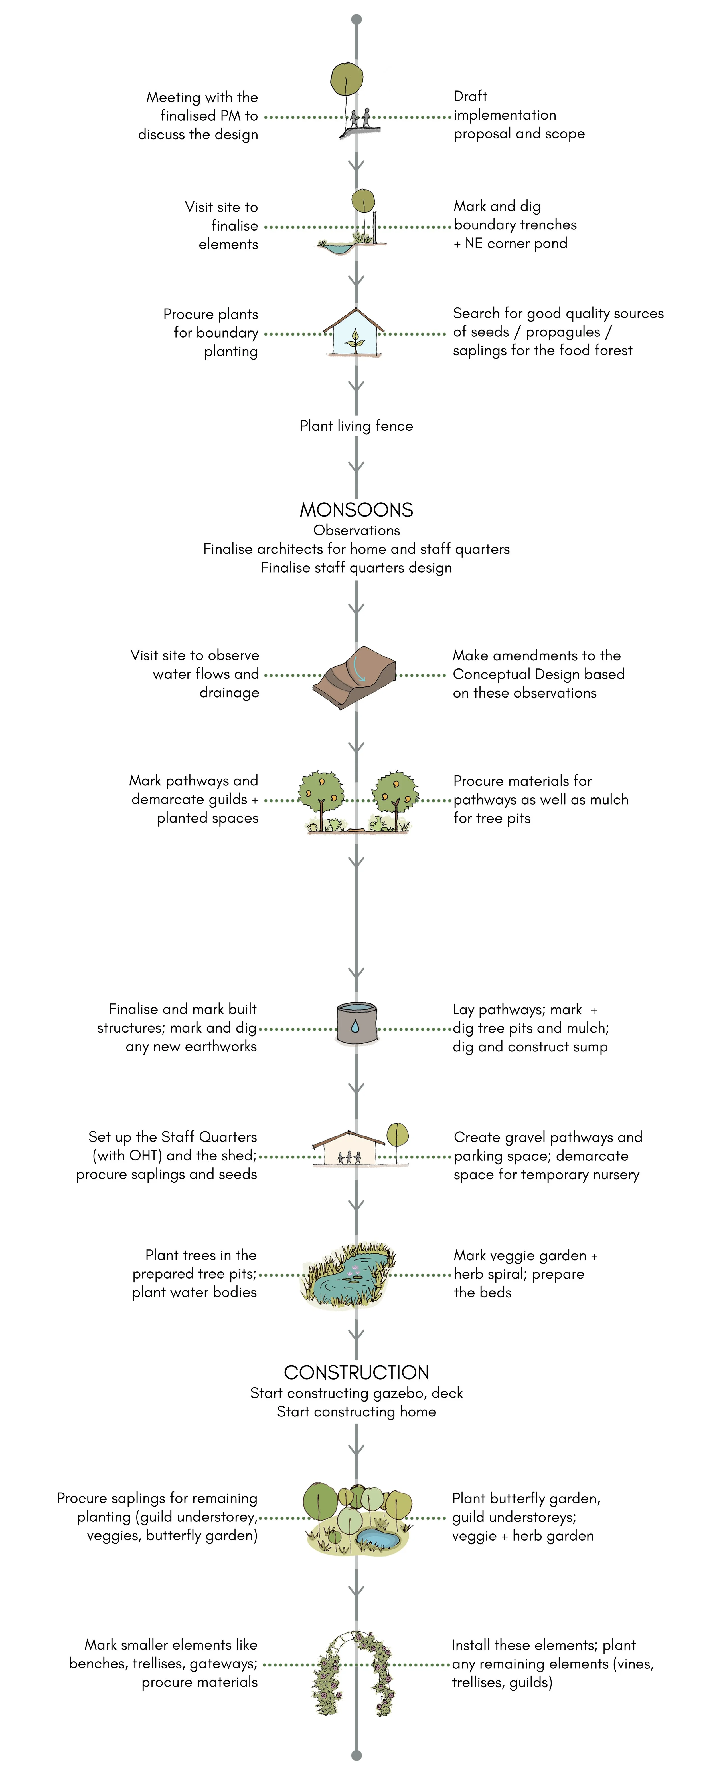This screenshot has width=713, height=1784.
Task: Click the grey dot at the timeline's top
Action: pyautogui.click(x=356, y=19)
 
